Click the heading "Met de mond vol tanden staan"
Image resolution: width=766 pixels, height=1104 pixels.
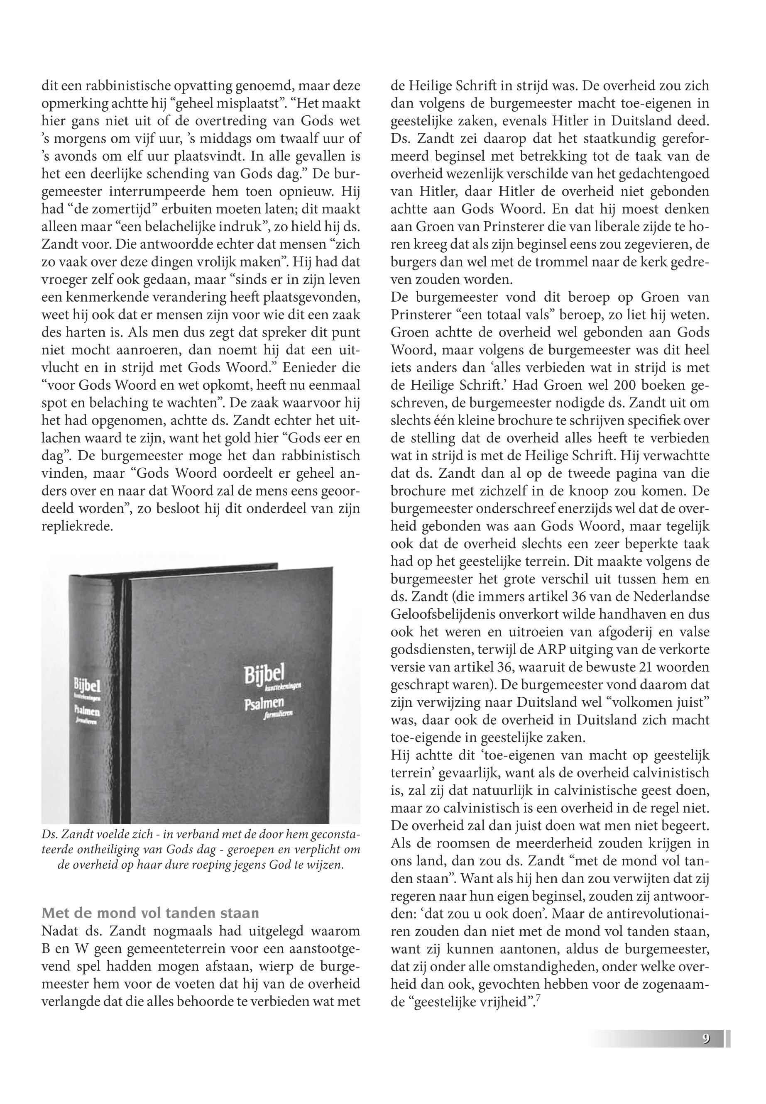(151, 912)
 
